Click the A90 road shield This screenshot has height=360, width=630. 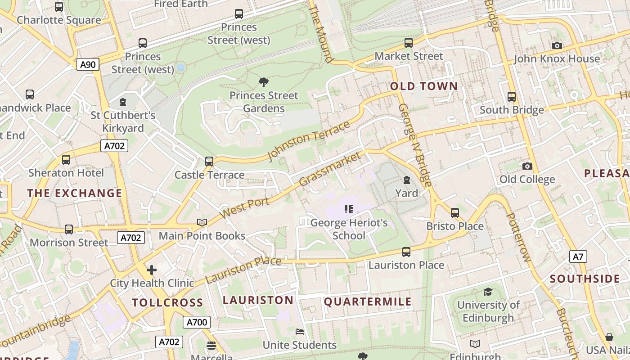(88, 64)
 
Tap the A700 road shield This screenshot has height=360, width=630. (197, 322)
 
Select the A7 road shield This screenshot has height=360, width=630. (578, 257)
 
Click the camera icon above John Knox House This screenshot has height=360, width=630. (557, 45)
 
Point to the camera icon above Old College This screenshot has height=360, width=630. (527, 166)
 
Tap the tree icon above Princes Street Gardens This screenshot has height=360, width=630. (264, 82)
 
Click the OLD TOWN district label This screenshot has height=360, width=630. (424, 86)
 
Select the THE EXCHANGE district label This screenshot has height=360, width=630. (75, 193)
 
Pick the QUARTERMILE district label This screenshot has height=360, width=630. (368, 302)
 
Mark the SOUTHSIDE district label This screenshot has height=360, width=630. (585, 279)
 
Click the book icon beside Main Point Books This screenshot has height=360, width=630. (202, 222)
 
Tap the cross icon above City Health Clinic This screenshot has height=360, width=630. (152, 270)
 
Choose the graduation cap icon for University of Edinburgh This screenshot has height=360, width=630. (488, 292)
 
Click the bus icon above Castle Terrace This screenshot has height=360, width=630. (209, 161)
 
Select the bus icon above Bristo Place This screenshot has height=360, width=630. (455, 212)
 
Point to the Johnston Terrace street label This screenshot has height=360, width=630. (309, 140)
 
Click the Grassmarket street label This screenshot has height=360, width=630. (330, 169)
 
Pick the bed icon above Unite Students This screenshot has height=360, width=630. (300, 332)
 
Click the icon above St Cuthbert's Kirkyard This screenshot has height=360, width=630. (123, 102)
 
